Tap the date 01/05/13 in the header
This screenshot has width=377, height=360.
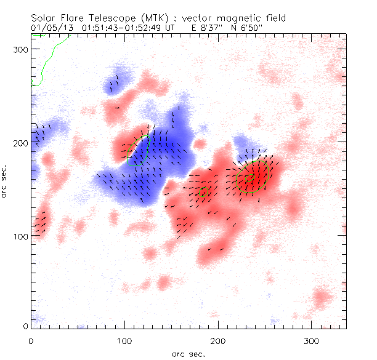point(51,28)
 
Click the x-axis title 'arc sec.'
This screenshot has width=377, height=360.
point(188,354)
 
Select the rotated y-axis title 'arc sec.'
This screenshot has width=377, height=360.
point(6,180)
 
